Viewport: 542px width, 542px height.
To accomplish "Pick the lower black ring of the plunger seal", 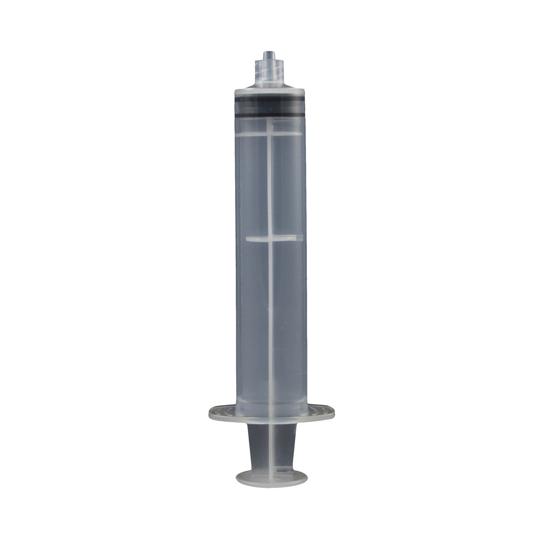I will [x=271, y=116].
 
